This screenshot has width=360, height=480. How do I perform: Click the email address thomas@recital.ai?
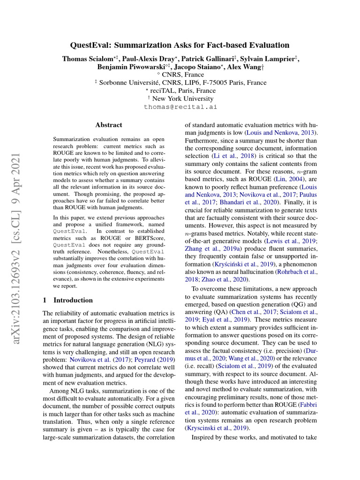click(x=180, y=107)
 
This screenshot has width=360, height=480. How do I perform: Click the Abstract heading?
click(x=109, y=125)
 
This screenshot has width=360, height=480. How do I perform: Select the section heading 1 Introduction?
click(x=67, y=300)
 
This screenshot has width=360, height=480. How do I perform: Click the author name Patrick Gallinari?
click(x=212, y=59)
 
